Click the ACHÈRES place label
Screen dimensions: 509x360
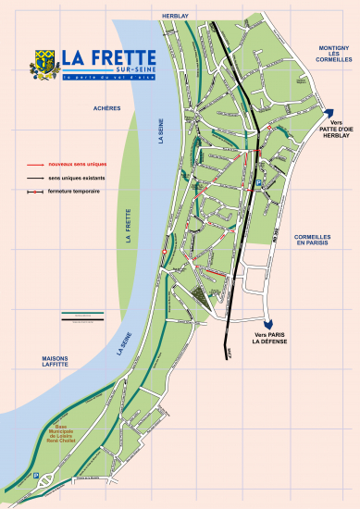pyautogui.click(x=107, y=108)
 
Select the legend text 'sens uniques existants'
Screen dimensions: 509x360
pyautogui.click(x=73, y=177)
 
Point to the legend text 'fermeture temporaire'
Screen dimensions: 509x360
pyautogui.click(x=74, y=192)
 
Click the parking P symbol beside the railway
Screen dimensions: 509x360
pyautogui.click(x=260, y=184)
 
